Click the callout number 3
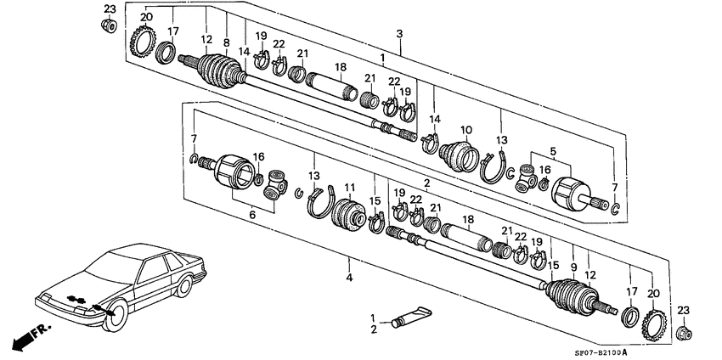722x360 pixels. click(398, 33)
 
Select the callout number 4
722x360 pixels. click(348, 278)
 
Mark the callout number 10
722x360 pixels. click(465, 129)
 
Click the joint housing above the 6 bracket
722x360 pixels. click(235, 173)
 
